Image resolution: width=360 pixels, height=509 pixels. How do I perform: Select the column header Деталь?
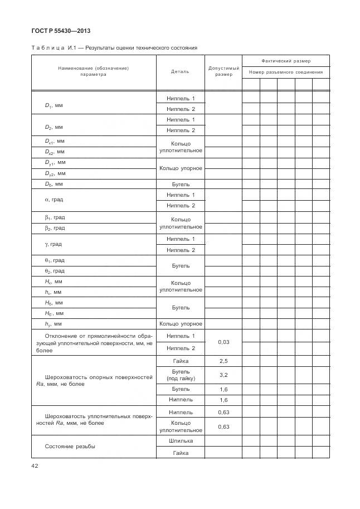coord(180,71)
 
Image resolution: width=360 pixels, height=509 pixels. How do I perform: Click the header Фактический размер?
coord(286,61)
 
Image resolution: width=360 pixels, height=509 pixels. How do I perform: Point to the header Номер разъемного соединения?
coord(286,72)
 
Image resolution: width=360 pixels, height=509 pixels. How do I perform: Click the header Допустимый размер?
coord(224,71)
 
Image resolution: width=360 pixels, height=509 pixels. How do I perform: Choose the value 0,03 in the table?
coord(224,342)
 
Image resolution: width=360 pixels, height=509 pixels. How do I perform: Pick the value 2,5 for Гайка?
coord(224,361)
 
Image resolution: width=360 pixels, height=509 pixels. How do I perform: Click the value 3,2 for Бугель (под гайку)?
coord(224,375)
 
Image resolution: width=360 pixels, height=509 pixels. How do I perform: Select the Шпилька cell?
coord(181,441)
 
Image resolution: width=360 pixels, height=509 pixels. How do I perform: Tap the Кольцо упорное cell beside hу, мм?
coord(181,323)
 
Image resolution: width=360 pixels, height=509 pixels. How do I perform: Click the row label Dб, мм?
coord(54,184)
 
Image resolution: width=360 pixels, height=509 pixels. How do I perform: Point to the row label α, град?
coord(54,200)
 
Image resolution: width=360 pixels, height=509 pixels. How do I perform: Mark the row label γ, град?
coord(53,244)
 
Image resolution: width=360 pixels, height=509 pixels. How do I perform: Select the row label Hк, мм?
coord(54,282)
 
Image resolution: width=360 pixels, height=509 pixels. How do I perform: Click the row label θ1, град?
coord(55,260)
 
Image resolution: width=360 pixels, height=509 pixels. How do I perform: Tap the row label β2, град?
coord(55,228)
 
